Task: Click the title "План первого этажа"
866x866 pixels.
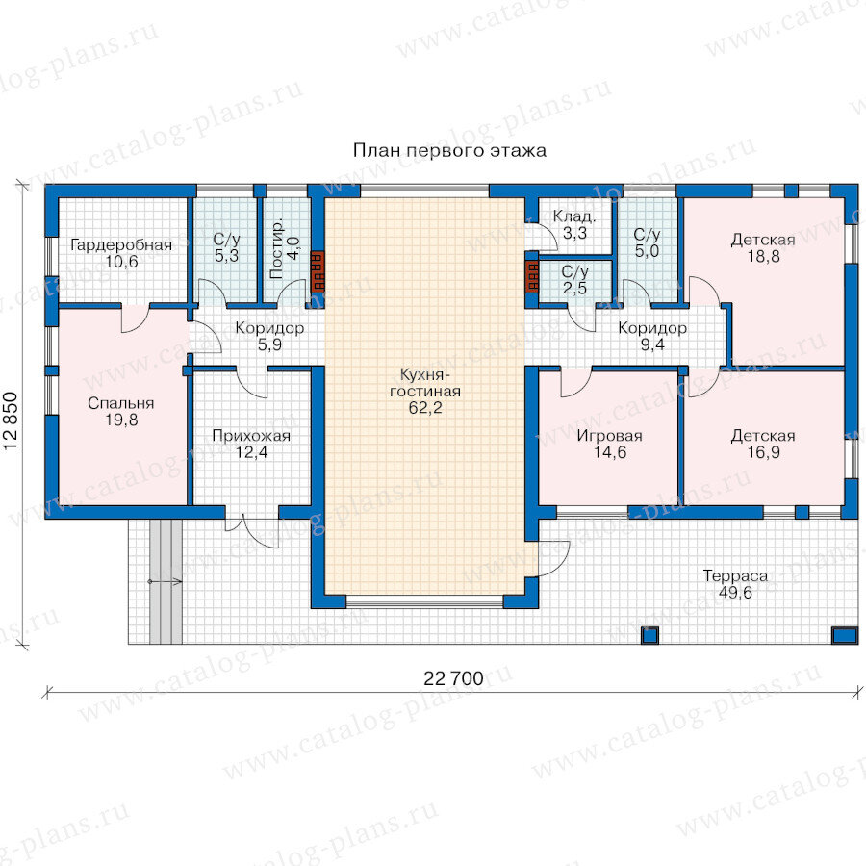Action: (449, 151)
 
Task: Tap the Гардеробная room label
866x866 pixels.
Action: (121, 244)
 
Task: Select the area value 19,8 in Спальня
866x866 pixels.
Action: (121, 420)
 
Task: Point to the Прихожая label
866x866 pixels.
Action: (251, 436)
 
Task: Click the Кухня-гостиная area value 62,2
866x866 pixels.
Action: (425, 408)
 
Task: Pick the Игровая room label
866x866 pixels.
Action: (610, 436)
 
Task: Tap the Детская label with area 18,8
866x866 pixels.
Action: (763, 240)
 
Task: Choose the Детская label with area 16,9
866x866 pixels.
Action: (763, 436)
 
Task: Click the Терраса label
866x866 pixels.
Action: (735, 576)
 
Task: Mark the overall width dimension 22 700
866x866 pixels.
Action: (453, 678)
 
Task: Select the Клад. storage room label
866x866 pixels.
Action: (574, 216)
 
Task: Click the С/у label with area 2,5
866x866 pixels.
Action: (575, 271)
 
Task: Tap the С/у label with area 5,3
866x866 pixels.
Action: (226, 240)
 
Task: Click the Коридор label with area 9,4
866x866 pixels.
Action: (652, 328)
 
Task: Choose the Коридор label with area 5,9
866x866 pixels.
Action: (269, 328)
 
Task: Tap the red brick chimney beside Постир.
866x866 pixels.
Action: (318, 271)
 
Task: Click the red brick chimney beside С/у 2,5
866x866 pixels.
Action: (532, 275)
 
